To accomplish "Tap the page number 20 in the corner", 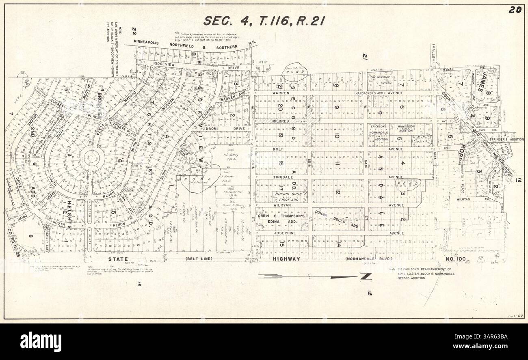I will (x=515, y=10).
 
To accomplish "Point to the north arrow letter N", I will (x=366, y=277).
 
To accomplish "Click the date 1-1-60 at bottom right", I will (x=513, y=315).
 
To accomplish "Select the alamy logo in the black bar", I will (x=41, y=341).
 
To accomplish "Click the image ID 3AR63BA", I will (x=489, y=341).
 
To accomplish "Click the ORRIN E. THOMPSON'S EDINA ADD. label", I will (x=281, y=219).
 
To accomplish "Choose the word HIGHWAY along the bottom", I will (x=286, y=259).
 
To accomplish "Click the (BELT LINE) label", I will (x=199, y=259).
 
